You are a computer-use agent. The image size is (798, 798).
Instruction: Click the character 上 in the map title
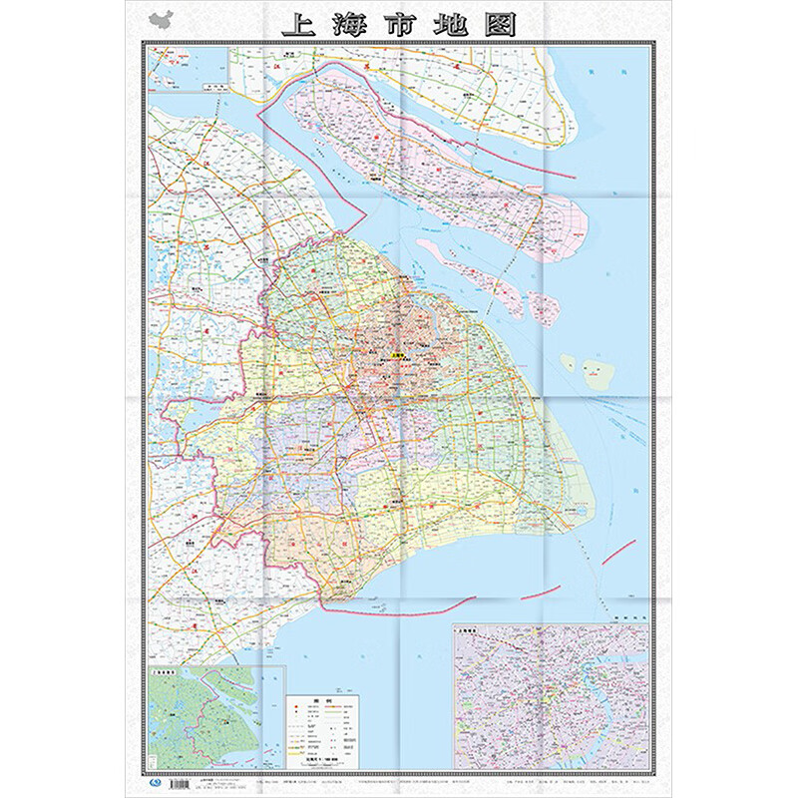(298, 24)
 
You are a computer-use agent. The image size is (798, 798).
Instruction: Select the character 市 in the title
(400, 24)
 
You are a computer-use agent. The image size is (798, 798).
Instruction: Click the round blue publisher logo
(151, 783)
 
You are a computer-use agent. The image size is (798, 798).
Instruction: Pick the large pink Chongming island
(429, 150)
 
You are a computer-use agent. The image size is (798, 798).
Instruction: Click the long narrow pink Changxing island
(469, 264)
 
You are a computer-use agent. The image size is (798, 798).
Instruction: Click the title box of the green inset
(169, 673)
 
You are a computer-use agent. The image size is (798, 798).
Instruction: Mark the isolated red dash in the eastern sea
(617, 549)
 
